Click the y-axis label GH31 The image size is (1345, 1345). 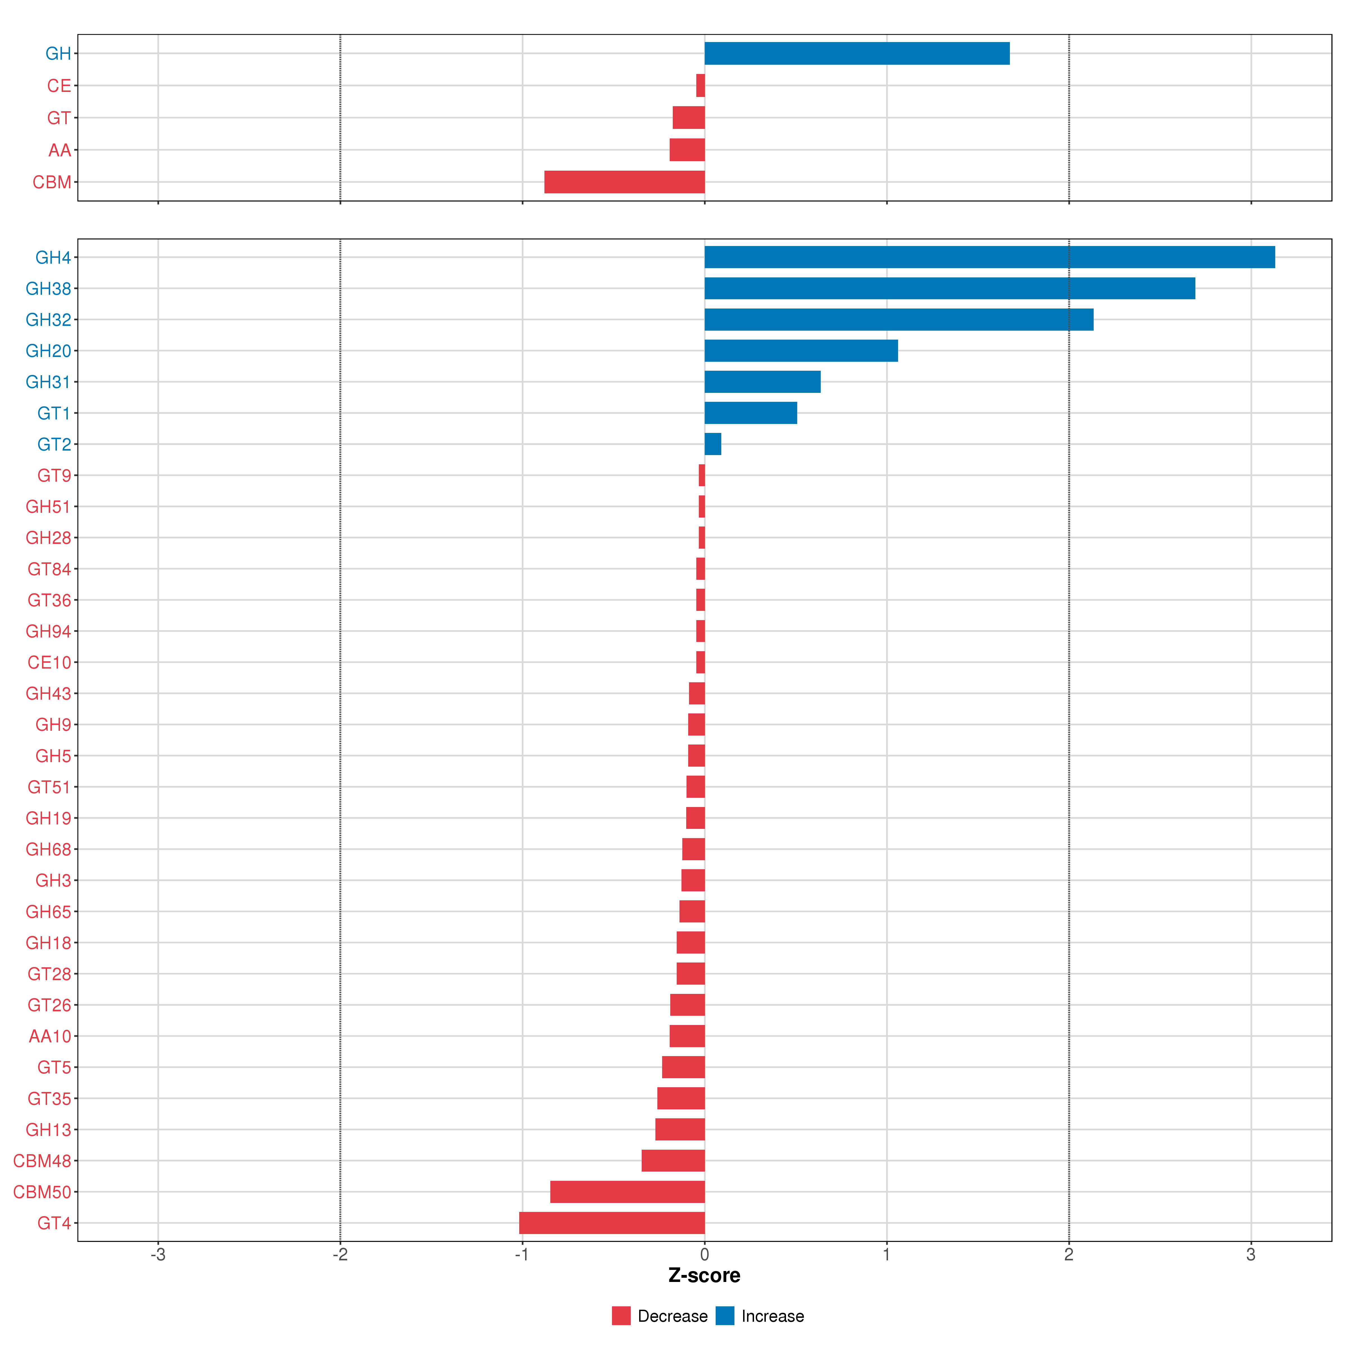pos(48,382)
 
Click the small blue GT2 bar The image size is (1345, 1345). pos(712,444)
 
